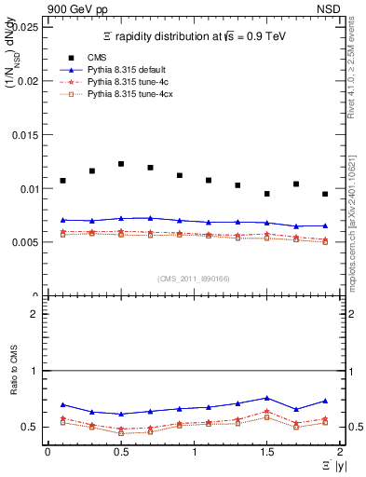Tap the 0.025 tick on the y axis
24,27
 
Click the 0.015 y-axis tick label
24,135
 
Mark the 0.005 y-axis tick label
24,242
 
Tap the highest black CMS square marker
121,164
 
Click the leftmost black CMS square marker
62,181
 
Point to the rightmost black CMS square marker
325,194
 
